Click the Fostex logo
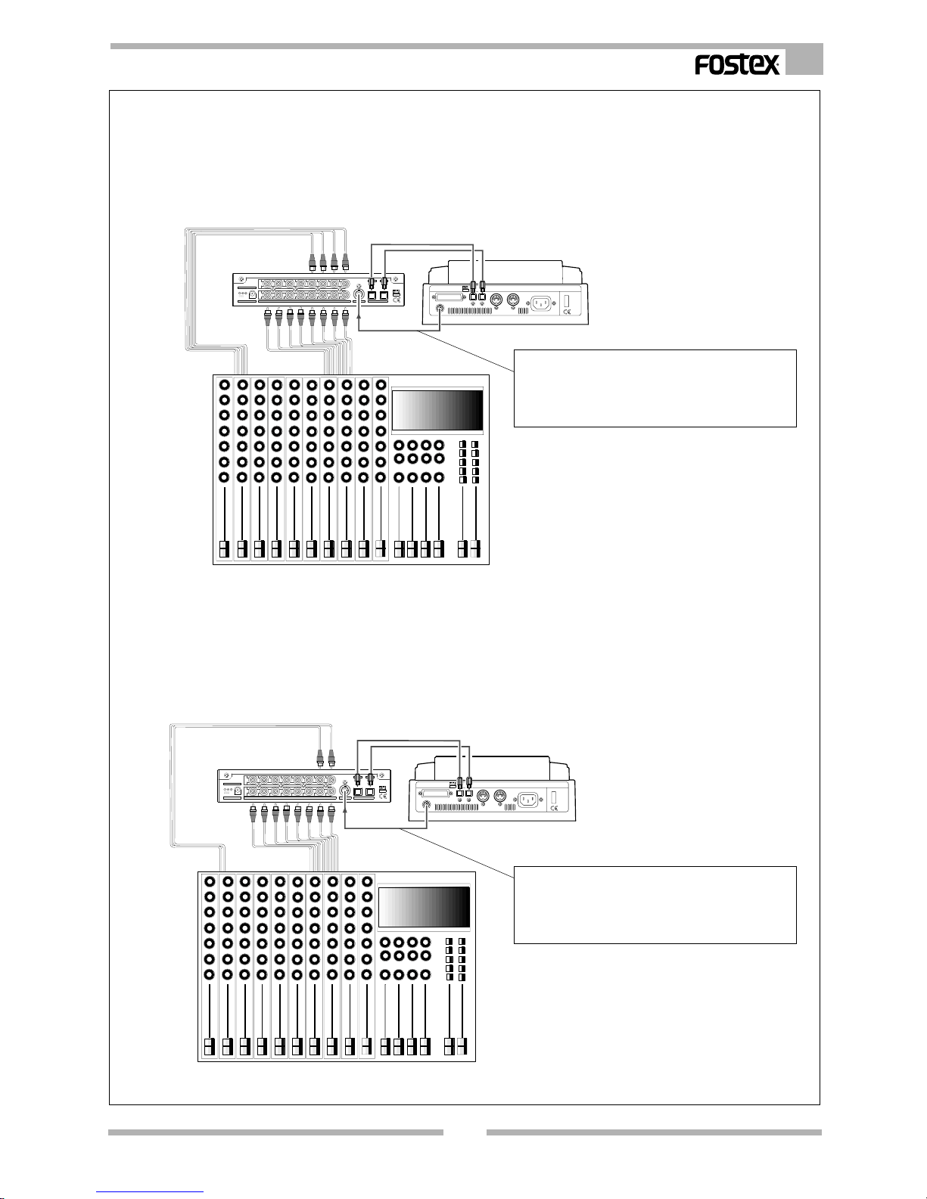[x=737, y=64]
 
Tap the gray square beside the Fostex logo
[x=804, y=60]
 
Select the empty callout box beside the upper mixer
[x=655, y=388]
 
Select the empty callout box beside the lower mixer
[x=655, y=905]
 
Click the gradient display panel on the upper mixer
[x=437, y=410]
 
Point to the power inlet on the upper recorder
[x=541, y=303]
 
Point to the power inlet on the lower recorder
[x=528, y=800]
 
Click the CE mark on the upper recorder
[x=567, y=312]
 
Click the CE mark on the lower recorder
[x=553, y=809]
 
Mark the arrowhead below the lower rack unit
[x=345, y=815]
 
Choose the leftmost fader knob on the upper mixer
[x=224, y=549]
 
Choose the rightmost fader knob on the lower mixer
[x=462, y=1046]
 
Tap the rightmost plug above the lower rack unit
[x=331, y=757]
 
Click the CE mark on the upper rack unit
[x=397, y=301]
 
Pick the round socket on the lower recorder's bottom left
[x=426, y=805]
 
